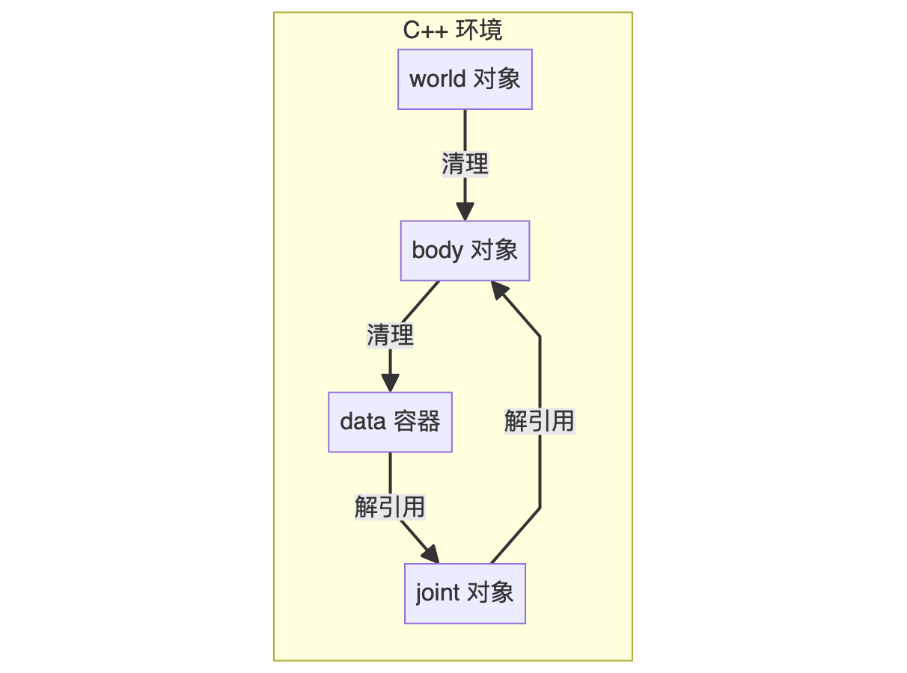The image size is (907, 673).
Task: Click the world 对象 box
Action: click(465, 79)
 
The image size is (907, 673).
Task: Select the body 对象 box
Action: click(465, 251)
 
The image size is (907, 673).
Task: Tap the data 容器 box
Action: click(390, 422)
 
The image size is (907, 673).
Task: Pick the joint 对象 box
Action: click(465, 593)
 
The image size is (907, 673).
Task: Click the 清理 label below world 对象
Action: click(465, 164)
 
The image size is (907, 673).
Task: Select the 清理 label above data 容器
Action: click(390, 335)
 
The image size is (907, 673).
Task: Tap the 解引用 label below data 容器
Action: click(390, 507)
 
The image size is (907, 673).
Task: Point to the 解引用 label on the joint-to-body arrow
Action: click(539, 421)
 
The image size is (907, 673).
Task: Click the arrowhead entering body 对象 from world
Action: click(465, 212)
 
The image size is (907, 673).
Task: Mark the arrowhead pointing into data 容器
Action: click(390, 383)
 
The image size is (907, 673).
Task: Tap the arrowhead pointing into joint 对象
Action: click(430, 555)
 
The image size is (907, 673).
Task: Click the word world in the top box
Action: click(438, 79)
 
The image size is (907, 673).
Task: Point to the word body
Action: click(437, 251)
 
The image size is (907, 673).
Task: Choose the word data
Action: click(362, 422)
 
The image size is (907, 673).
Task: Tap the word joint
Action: click(438, 593)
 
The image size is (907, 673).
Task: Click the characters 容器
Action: click(417, 422)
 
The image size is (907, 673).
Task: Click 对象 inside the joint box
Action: click(490, 593)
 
